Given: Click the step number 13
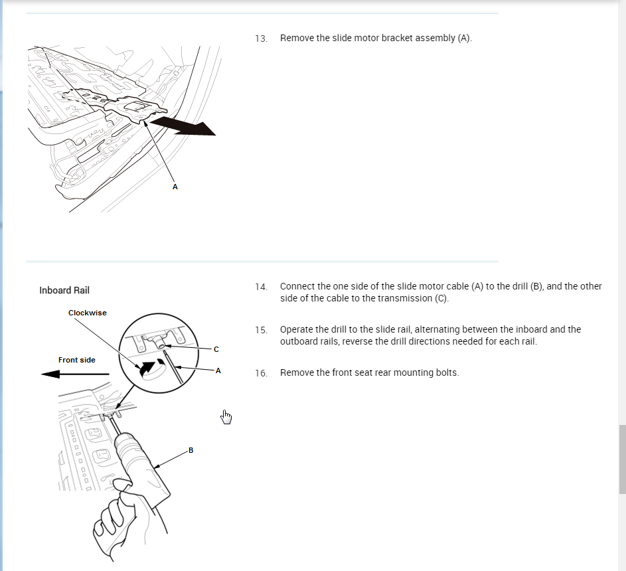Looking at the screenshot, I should coord(261,39).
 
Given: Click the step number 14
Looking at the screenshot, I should coord(261,287).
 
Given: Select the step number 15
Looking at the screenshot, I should coord(261,330).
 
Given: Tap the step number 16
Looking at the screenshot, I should coord(261,373).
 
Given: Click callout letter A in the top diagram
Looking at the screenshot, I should coord(175,187).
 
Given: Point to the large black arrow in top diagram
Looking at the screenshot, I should coord(183,125).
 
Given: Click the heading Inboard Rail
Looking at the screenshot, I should coord(64,290).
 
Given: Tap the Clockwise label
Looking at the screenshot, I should coord(87,313).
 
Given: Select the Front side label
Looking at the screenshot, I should coord(77,360).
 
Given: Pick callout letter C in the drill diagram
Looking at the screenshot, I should coord(216,349).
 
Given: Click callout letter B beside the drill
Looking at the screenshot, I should coord(191,450).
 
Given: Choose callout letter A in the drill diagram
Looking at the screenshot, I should coord(218,370).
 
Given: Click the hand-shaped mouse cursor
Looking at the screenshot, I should coord(226,416).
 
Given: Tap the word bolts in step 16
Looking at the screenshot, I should coord(446,372).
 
